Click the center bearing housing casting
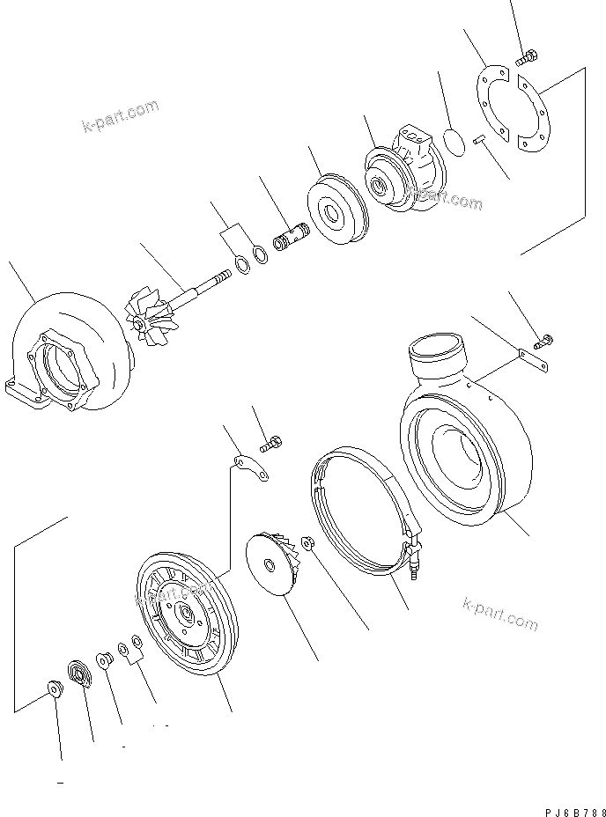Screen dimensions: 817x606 [405, 173]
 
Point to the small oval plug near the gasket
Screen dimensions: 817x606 [455, 142]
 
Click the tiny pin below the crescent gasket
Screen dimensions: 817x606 [477, 138]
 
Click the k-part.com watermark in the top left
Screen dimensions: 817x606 [122, 115]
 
